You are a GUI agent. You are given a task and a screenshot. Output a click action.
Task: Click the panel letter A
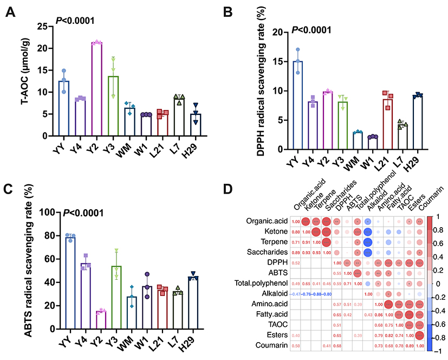pos(10,12)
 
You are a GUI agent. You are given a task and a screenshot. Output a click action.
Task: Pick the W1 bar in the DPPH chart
pos(372,143)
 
